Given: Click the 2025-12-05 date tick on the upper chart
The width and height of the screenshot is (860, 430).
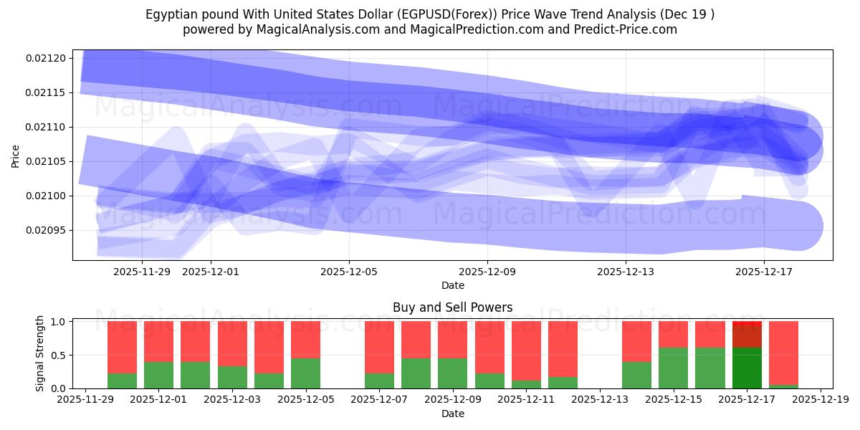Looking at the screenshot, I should (349, 272).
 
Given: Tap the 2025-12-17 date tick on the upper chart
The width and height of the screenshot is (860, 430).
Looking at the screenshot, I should (763, 272).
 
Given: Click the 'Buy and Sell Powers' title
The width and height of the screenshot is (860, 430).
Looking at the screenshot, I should (452, 307).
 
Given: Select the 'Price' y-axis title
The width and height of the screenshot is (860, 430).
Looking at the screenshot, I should (16, 155).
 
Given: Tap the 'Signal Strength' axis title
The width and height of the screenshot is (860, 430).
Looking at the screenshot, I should (40, 353).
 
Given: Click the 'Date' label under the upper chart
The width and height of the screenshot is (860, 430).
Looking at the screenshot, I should (452, 285).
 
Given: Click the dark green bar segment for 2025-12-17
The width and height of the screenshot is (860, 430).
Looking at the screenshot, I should (747, 368).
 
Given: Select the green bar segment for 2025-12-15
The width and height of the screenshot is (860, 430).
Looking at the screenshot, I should (673, 368).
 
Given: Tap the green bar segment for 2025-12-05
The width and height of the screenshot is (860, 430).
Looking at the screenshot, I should (305, 373).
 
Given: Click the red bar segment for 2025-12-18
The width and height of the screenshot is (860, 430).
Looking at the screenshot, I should (783, 353).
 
